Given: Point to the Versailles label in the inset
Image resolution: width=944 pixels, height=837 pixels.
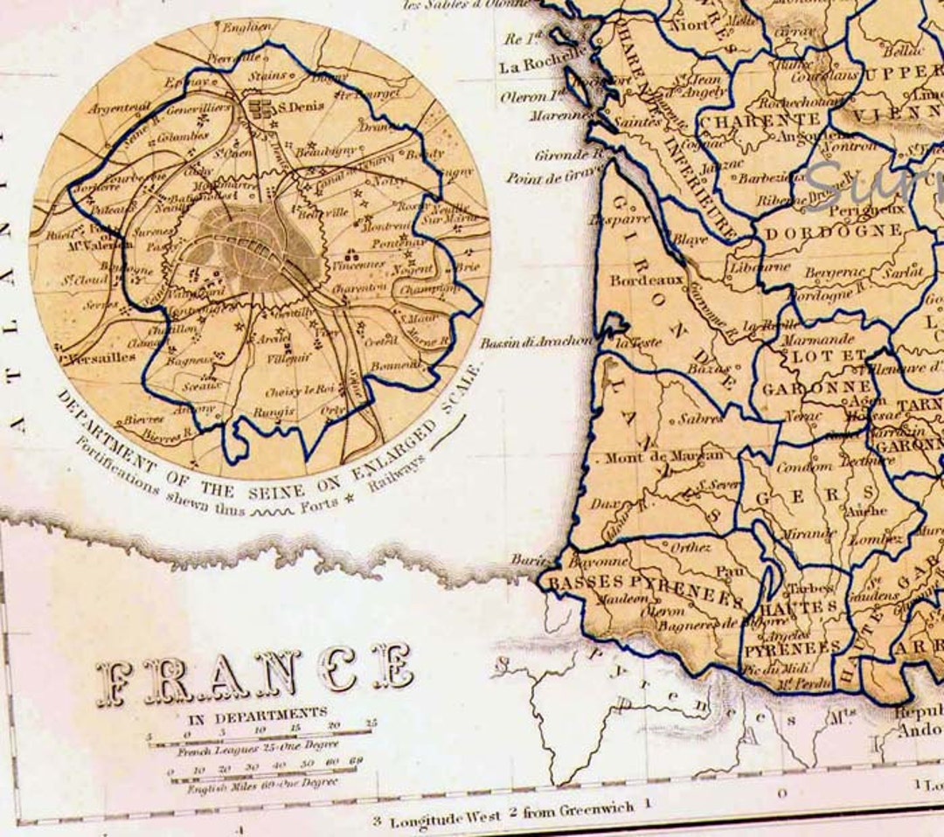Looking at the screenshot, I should pyautogui.click(x=100, y=356).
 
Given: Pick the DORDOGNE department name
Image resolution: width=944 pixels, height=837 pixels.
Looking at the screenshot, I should pyautogui.click(x=834, y=232).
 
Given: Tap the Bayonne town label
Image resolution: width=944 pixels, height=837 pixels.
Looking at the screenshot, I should pyautogui.click(x=598, y=562).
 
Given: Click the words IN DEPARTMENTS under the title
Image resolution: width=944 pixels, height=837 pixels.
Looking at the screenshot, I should pyautogui.click(x=258, y=713).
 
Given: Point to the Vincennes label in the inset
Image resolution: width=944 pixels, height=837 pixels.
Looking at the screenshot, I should pyautogui.click(x=358, y=265).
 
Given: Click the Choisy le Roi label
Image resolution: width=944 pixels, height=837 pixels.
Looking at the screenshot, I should pyautogui.click(x=300, y=390).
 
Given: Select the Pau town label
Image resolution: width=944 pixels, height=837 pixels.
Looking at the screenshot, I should pyautogui.click(x=727, y=571).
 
